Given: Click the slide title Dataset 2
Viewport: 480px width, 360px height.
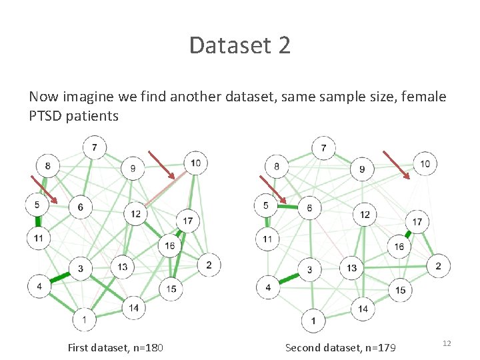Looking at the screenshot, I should point(239,45).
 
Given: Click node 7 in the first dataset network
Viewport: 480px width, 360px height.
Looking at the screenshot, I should point(95,147).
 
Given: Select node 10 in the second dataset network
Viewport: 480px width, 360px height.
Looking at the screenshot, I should point(425,164).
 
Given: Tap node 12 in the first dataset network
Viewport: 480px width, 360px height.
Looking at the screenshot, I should point(135,213).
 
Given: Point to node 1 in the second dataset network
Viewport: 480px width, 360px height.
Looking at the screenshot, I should point(313,321).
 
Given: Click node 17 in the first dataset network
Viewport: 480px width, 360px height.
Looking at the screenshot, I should point(188,220).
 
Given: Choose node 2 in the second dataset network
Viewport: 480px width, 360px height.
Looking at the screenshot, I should point(438,267).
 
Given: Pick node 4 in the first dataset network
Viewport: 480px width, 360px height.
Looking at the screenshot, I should point(39,287).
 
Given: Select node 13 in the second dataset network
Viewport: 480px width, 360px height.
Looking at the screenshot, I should point(351,268).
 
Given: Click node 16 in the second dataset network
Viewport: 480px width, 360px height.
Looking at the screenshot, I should point(399,247).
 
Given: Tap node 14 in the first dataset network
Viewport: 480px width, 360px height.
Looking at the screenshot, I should point(134,307).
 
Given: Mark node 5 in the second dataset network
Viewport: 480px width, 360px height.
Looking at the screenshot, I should point(266,205).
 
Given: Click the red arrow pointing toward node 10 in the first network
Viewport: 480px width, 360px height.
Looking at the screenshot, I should point(161,165).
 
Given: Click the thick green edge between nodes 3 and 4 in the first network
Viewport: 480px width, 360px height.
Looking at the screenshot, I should point(60,277).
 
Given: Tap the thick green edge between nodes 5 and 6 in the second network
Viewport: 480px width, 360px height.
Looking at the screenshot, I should point(287,207).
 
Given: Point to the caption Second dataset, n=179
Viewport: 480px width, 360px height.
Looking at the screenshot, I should point(336,347).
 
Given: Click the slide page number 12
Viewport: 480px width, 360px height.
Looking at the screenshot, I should point(447,343).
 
